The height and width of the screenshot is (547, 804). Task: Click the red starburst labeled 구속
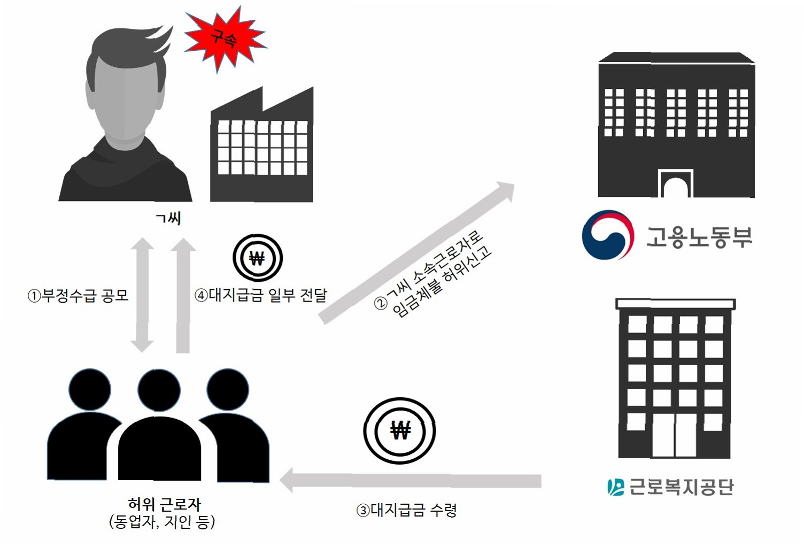225,38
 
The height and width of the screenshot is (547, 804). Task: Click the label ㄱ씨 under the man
168,218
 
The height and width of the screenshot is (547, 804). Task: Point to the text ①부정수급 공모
79,296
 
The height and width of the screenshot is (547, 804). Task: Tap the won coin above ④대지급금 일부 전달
257,258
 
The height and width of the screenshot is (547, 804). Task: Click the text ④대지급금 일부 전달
260,295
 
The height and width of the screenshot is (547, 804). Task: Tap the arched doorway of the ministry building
675,184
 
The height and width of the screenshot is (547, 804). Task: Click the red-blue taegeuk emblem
608,235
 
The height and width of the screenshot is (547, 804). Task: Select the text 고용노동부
699,236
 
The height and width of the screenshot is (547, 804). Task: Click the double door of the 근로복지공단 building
675,436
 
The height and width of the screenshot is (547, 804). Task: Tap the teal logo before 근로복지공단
615,487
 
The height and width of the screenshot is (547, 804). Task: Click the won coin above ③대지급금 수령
400,430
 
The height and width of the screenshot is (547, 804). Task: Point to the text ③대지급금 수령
406,510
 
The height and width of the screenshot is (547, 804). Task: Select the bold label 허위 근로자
165,504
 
